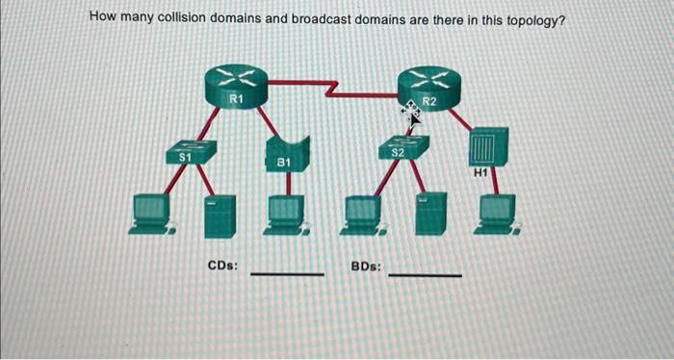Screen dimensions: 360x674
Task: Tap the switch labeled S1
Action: pyautogui.click(x=190, y=151)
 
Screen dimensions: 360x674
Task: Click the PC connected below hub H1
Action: pyautogui.click(x=498, y=214)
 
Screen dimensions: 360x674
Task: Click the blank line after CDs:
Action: pyautogui.click(x=287, y=272)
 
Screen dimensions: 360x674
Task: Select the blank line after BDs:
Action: pyautogui.click(x=425, y=274)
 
